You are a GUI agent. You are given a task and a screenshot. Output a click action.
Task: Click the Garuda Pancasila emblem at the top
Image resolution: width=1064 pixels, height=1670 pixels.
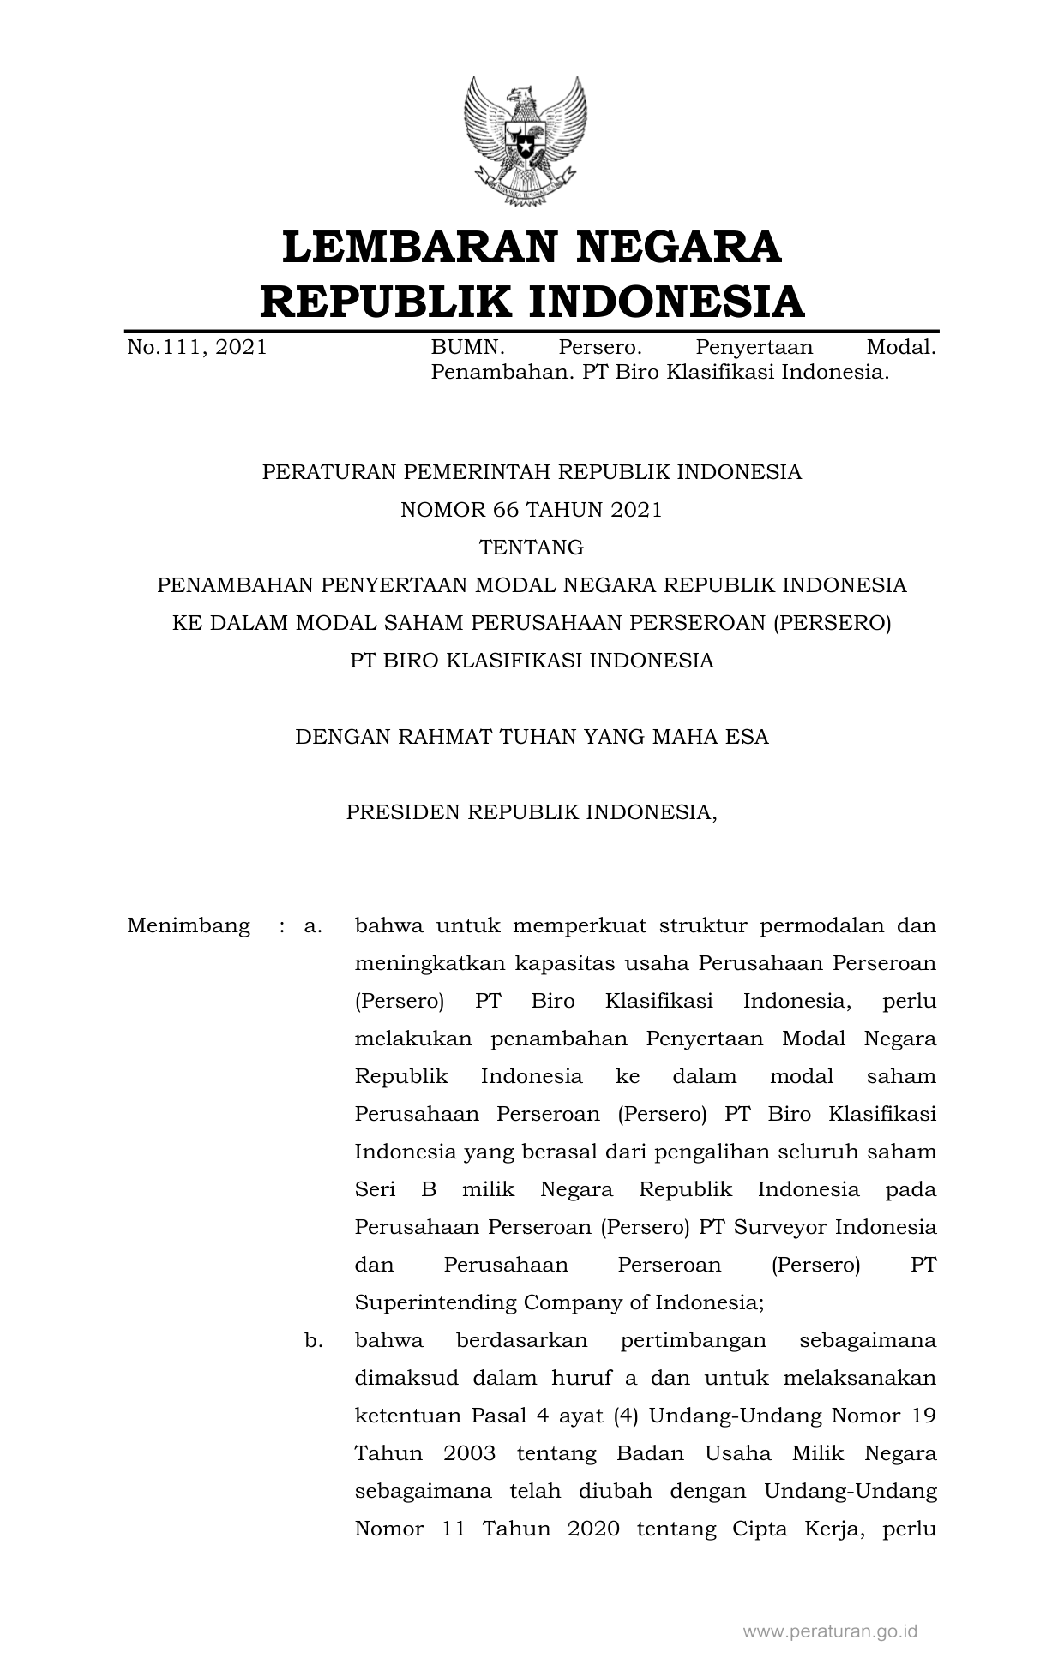tap(525, 141)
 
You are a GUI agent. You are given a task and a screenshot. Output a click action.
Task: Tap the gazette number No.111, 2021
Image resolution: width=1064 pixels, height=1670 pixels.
tap(196, 347)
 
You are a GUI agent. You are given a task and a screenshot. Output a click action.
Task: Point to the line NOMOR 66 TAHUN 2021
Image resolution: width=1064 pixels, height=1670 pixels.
tap(532, 510)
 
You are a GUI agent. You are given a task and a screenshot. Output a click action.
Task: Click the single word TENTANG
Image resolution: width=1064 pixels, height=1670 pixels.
tap(532, 548)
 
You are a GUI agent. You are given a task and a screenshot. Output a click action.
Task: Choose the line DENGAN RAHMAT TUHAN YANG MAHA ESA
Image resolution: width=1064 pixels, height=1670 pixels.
tap(532, 737)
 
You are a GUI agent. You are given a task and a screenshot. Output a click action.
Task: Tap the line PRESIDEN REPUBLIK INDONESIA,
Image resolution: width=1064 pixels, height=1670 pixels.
tap(532, 812)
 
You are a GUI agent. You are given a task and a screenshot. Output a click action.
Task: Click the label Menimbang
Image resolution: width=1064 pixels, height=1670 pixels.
tap(189, 926)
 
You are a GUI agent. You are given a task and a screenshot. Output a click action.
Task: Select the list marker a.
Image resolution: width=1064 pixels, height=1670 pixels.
tap(313, 926)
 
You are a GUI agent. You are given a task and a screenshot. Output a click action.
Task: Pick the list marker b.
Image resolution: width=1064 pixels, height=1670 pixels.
tap(313, 1340)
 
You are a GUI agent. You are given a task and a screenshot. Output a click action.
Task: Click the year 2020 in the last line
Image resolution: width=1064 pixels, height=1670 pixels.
tap(593, 1529)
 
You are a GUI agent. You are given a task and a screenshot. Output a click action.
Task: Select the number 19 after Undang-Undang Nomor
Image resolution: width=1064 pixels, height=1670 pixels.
tap(923, 1416)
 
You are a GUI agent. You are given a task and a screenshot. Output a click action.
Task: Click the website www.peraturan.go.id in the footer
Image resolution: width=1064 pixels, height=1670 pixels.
tap(829, 1631)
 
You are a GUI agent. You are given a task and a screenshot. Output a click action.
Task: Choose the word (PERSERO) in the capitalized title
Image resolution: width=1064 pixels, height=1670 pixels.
tap(832, 623)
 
